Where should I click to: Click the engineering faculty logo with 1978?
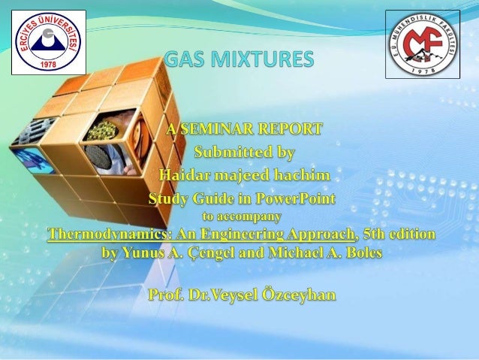422,44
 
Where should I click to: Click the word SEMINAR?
215,130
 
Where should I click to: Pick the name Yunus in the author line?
143,253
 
